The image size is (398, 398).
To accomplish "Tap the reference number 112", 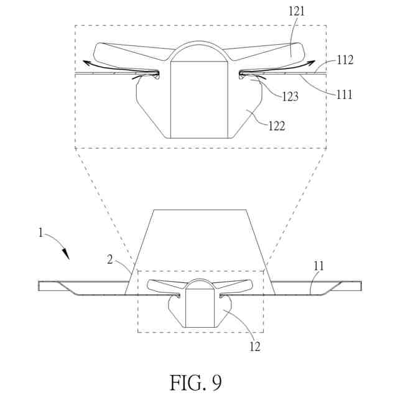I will click(346, 60).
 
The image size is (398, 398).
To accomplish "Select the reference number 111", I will click(343, 95).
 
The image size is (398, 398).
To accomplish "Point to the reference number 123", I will click(289, 96).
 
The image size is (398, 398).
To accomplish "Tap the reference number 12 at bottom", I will click(255, 346).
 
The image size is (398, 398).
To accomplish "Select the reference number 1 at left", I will click(41, 234).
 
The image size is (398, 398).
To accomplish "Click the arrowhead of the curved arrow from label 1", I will click(66, 256).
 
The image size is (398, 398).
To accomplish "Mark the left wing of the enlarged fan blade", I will click(124, 53).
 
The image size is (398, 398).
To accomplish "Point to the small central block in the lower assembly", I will click(198, 311).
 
